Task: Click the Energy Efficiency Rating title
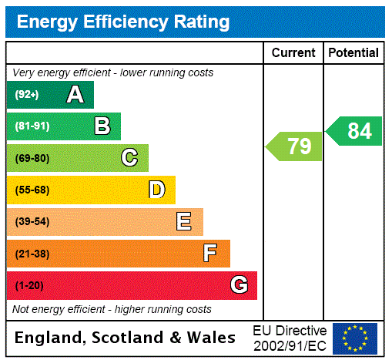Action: (x=123, y=22)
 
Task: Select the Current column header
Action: (x=293, y=53)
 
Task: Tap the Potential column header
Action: (x=353, y=53)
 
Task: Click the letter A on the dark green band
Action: (x=75, y=95)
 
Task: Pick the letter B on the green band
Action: (x=102, y=126)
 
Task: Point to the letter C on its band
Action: (x=129, y=158)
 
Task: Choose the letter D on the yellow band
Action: (x=156, y=190)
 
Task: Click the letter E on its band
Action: (x=184, y=222)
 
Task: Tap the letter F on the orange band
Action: (x=210, y=254)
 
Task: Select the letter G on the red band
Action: (x=239, y=285)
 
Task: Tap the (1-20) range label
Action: (x=29, y=285)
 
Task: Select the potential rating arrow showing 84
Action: (x=355, y=131)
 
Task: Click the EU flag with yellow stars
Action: (x=355, y=338)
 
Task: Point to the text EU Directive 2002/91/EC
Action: (x=290, y=338)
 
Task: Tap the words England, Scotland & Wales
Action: (x=126, y=338)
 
